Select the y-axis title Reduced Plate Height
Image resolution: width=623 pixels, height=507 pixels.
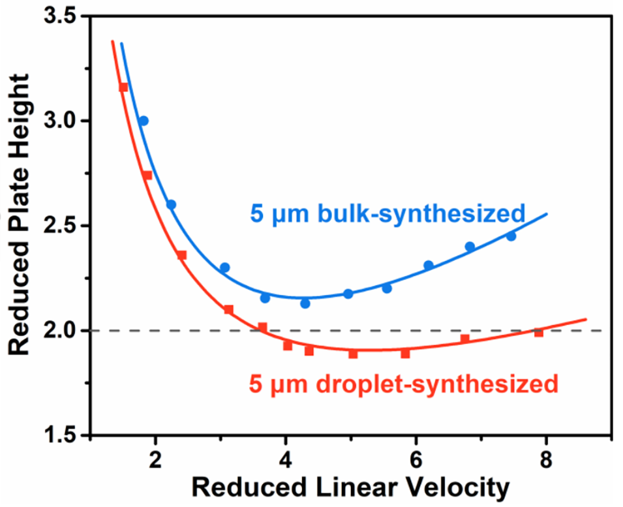[x=20, y=215]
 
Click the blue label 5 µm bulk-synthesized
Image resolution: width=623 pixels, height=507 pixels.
[x=387, y=213]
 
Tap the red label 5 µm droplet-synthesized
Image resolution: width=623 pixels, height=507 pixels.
[x=403, y=383]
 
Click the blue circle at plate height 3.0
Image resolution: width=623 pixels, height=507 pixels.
[x=144, y=121]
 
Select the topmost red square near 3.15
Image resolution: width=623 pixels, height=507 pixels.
[x=123, y=87]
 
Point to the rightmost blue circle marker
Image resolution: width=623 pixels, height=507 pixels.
[x=511, y=236]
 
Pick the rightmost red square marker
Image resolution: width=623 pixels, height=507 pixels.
[x=539, y=333]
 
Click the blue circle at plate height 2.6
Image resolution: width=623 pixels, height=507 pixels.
[x=171, y=204]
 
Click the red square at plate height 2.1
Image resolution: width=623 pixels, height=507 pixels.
[x=228, y=309]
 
